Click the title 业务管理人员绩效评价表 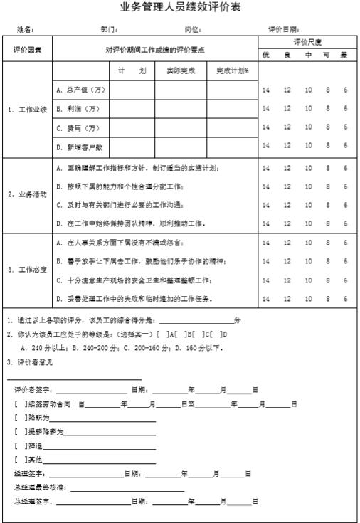pyautogui.click(x=180, y=8)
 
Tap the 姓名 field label pyautogui.click(x=25, y=30)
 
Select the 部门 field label pyautogui.click(x=109, y=30)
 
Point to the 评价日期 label pyautogui.click(x=283, y=30)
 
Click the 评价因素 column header pyautogui.click(x=27, y=50)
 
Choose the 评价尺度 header pyautogui.click(x=307, y=43)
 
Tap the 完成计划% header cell pyautogui.click(x=233, y=71)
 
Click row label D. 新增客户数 pyautogui.click(x=80, y=147)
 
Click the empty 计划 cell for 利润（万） pyautogui.click(x=132, y=109)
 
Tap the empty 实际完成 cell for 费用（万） pyautogui.click(x=181, y=128)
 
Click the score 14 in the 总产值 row pyautogui.click(x=266, y=90)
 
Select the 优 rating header pyautogui.click(x=266, y=55)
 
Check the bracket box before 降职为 pyautogui.click(x=20, y=417)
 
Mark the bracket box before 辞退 pyautogui.click(x=20, y=445)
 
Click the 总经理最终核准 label pyautogui.click(x=40, y=487)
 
